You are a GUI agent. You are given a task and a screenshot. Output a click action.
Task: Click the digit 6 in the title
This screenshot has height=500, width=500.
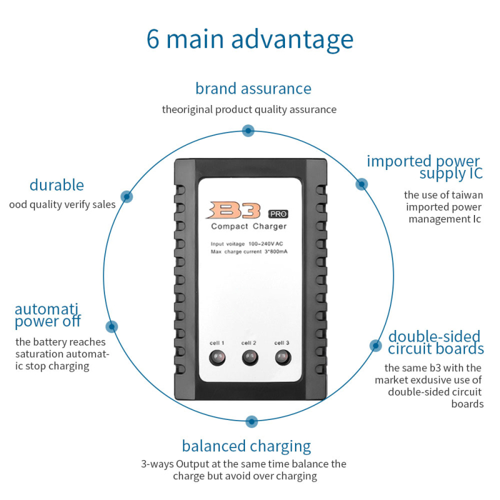(153, 39)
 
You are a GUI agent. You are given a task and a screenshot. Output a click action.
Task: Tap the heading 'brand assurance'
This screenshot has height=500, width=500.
(253, 88)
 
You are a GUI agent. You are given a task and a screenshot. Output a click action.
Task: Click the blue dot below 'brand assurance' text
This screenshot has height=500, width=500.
(248, 131)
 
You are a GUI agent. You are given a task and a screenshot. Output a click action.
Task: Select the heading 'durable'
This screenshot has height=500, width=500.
(56, 185)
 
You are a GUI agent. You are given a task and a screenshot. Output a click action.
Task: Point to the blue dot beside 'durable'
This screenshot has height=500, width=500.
(126, 196)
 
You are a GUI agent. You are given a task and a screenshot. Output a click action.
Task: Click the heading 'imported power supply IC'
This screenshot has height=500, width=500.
(423, 167)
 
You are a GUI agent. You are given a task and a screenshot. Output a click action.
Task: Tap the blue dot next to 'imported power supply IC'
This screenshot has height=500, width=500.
(361, 184)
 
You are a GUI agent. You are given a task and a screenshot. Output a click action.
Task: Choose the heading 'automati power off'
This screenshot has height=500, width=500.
(48, 316)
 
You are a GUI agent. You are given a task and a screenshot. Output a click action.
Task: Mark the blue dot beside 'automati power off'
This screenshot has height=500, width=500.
(112, 326)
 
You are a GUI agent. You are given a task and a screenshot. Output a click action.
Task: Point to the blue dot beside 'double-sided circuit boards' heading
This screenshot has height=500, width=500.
(375, 345)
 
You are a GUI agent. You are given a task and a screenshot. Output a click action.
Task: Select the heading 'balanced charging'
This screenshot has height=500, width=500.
(246, 446)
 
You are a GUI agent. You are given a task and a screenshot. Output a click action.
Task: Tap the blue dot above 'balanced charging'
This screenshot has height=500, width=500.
(251, 421)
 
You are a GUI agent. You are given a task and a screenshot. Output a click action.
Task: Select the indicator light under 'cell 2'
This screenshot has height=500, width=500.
(249, 358)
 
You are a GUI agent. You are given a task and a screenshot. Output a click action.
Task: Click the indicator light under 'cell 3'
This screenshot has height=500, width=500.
(282, 358)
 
